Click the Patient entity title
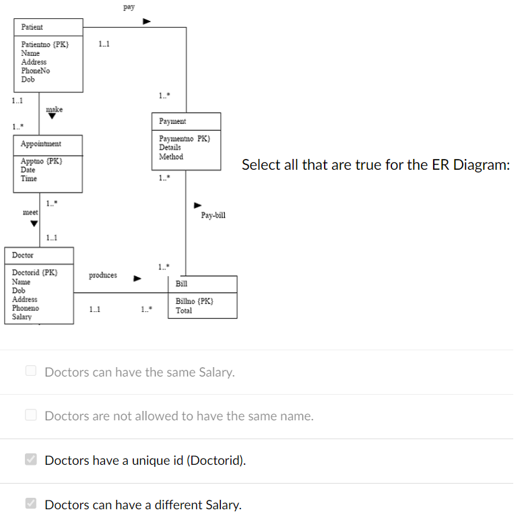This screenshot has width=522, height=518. pos(32,27)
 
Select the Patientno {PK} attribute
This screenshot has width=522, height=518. pos(44,44)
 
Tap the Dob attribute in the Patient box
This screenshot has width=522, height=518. pos(28,79)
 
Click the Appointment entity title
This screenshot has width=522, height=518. pos(40,144)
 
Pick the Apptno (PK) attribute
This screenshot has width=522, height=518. pos(41,162)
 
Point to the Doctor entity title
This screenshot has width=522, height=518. pos(22,255)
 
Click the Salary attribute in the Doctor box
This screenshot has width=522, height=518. pos(22,317)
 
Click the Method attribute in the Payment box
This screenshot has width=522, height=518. pos(170,156)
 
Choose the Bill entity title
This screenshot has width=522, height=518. pos(181,284)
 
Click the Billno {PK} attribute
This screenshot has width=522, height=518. pos(195,302)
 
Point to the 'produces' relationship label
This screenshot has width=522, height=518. pos(102,276)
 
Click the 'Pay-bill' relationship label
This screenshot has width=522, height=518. pos(213,216)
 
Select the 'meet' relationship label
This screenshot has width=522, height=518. pos(30,212)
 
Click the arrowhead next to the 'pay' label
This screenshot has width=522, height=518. pos(146,22)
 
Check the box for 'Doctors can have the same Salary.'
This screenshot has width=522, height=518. pos(30,371)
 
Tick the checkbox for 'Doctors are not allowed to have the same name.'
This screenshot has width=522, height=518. pos(30,416)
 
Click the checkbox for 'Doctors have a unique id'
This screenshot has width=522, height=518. pos(30,460)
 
